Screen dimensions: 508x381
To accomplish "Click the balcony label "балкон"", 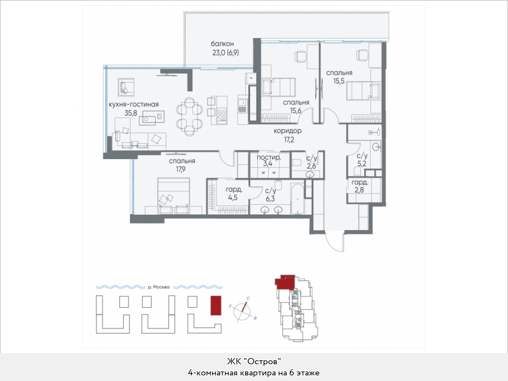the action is point(222,44).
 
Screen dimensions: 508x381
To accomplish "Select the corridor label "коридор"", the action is point(288,131).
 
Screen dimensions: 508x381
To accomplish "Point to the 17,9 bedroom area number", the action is point(181,169).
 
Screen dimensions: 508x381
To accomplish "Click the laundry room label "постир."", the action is point(269,157).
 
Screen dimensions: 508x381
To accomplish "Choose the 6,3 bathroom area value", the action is point(270,198).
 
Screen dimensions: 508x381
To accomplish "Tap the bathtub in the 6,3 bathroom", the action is point(298,198).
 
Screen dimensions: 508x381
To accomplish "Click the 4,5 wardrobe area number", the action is point(233,197).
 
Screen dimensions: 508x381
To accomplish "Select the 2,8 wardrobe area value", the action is point(359,190).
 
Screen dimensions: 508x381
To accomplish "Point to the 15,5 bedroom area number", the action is point(339,81).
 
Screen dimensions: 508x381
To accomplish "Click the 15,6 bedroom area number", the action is point(296,110).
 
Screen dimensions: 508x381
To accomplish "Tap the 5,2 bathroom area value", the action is point(361,164).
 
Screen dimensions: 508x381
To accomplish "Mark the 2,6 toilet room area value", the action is point(311,166).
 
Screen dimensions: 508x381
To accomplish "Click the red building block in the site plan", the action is point(216,305).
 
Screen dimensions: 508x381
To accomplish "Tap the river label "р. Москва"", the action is point(158,287).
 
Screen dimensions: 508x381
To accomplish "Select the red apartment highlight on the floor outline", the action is point(285,282).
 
